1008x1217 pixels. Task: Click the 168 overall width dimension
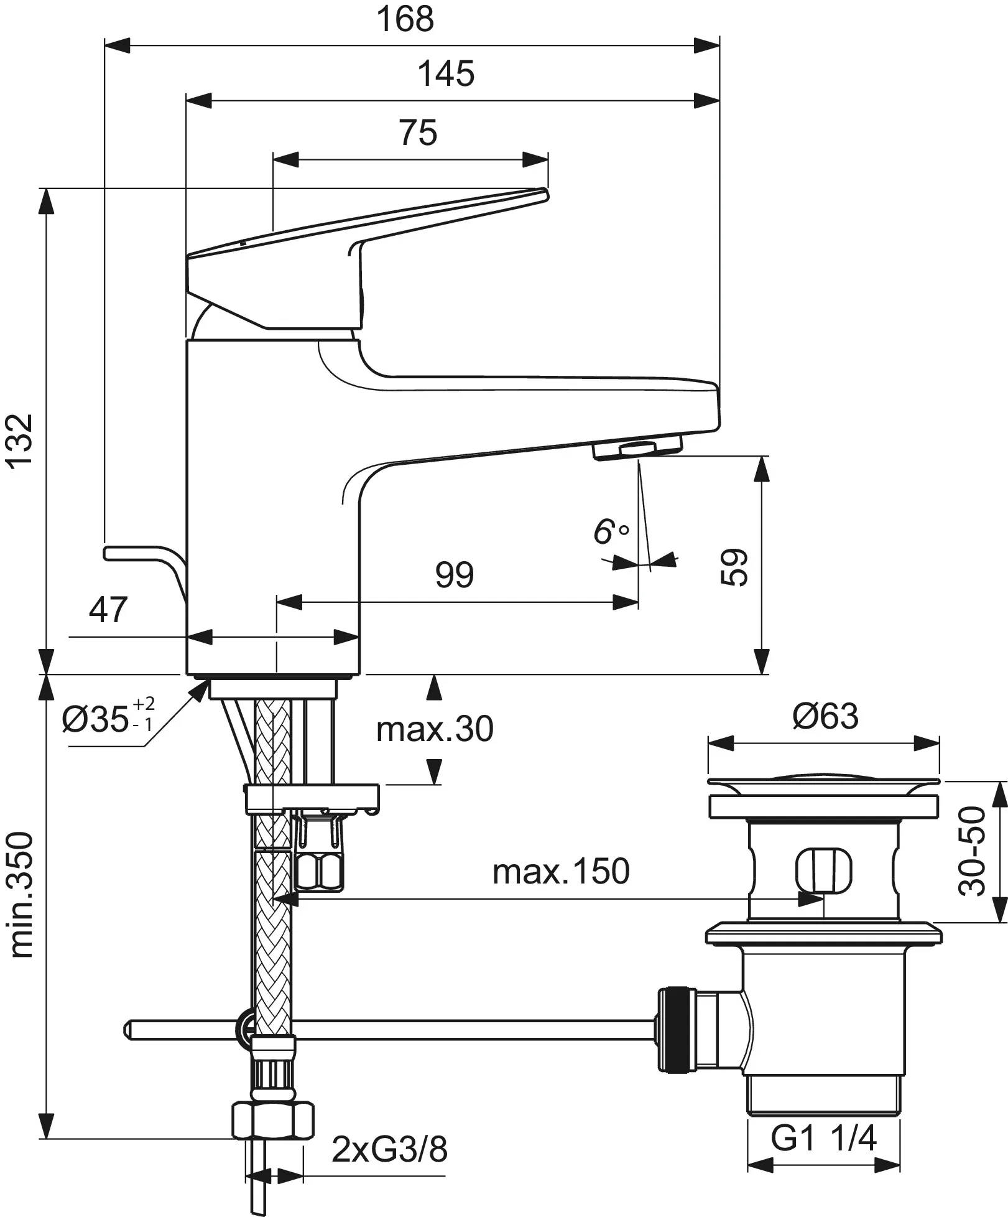405,20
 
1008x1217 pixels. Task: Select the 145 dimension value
445,74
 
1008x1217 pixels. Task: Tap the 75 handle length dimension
418,133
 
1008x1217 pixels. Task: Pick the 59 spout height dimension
735,566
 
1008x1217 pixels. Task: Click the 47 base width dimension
108,610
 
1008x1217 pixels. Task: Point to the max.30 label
434,729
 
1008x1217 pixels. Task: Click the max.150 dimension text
561,872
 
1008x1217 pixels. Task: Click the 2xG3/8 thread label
389,1150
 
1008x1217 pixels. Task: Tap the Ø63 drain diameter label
825,716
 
